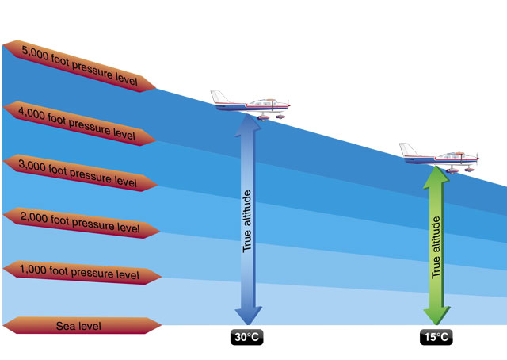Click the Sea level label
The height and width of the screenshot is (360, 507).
point(78,326)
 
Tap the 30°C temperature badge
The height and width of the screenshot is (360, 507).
point(246,338)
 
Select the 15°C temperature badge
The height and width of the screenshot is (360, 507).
point(436,338)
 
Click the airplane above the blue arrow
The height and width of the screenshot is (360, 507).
point(252,104)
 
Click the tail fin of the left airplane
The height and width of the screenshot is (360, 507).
point(219,95)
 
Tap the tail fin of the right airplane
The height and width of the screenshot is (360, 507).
point(407,149)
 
